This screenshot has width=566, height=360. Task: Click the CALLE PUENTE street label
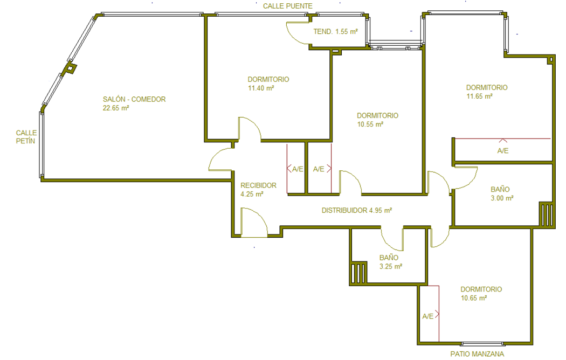287,6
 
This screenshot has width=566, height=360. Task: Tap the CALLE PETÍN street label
26,137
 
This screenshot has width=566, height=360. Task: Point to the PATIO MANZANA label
477,354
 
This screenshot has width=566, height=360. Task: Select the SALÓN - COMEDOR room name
134,99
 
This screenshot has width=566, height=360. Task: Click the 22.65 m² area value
116,108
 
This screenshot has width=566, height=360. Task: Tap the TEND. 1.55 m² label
335,32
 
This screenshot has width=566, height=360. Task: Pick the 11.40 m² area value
261,88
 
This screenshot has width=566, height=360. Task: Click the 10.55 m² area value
370,124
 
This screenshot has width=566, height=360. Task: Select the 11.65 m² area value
479,96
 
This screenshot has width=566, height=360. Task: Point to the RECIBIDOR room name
258,185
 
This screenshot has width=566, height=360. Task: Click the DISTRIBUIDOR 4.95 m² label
357,210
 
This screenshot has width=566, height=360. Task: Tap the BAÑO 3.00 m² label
502,193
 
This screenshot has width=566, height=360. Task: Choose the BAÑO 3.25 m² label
391,262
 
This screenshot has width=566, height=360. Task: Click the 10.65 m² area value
474,299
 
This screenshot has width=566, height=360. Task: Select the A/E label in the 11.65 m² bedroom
503,151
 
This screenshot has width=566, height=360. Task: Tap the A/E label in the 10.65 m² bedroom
428,316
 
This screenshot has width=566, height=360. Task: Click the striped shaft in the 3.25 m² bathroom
358,273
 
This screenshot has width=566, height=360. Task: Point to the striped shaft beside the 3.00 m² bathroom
547,214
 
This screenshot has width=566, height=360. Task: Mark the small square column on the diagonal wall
71,68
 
